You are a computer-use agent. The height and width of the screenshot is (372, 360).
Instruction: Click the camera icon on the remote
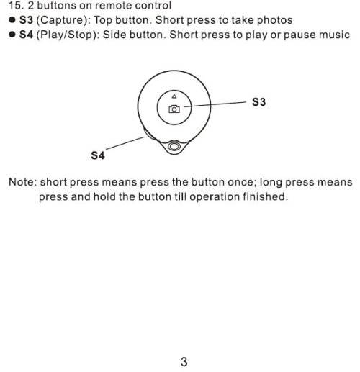click(174, 109)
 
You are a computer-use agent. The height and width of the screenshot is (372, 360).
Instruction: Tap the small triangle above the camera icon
click(174, 96)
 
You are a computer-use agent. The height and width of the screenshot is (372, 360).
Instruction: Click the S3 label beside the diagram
click(258, 102)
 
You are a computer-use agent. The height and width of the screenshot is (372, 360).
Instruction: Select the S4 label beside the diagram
click(98, 155)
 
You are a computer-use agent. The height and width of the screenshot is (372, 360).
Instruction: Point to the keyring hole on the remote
click(174, 146)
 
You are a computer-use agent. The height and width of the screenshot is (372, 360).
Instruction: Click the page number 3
click(184, 362)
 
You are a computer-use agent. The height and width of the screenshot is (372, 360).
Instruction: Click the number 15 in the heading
click(15, 6)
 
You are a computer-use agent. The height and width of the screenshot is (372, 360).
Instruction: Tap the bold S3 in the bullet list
click(26, 20)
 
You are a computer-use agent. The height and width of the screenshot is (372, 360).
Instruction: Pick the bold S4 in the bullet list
click(26, 35)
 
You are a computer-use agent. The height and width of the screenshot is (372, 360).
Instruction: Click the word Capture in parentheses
click(62, 20)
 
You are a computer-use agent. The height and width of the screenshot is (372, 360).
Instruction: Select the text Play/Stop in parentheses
click(66, 35)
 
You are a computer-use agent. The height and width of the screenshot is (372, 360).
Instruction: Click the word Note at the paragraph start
click(22, 182)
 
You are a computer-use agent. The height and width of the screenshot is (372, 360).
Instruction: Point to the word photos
click(275, 20)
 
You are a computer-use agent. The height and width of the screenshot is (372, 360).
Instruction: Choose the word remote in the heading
click(113, 6)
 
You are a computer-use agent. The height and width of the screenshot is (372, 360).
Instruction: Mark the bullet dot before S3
click(12, 19)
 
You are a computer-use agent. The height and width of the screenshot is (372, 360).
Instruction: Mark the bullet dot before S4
click(12, 35)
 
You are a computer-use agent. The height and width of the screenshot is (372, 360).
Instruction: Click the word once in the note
click(240, 182)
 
